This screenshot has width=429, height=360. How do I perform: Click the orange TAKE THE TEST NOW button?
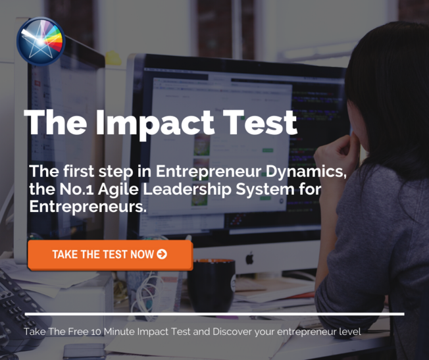pyautogui.click(x=110, y=255)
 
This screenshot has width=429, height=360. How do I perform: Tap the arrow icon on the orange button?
pyautogui.click(x=162, y=254)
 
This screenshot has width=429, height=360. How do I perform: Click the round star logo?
pyautogui.click(x=41, y=41)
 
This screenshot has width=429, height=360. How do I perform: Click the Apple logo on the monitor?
pyautogui.click(x=249, y=259)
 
